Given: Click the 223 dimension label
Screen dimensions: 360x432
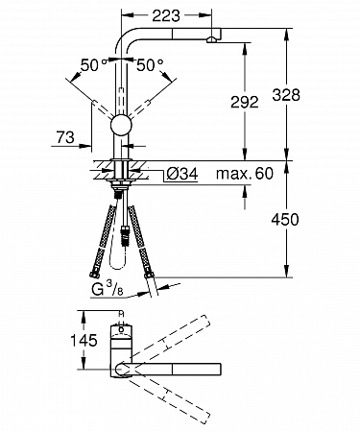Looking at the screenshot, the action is [166, 15].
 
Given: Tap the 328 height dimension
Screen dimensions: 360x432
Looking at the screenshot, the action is [286, 95].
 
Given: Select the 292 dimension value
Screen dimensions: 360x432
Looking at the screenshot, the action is [245, 102].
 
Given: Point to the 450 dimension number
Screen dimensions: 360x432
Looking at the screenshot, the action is [285, 220].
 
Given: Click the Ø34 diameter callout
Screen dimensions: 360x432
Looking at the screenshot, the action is [182, 174].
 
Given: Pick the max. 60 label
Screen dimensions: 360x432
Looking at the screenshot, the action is [245, 174].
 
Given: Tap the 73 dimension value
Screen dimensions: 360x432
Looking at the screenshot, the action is [65, 137].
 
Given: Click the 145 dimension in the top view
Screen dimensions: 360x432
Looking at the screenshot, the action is [84, 341].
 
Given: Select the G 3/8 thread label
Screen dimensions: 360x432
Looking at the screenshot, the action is [108, 290].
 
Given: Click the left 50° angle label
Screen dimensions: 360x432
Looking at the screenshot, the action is [93, 65].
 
